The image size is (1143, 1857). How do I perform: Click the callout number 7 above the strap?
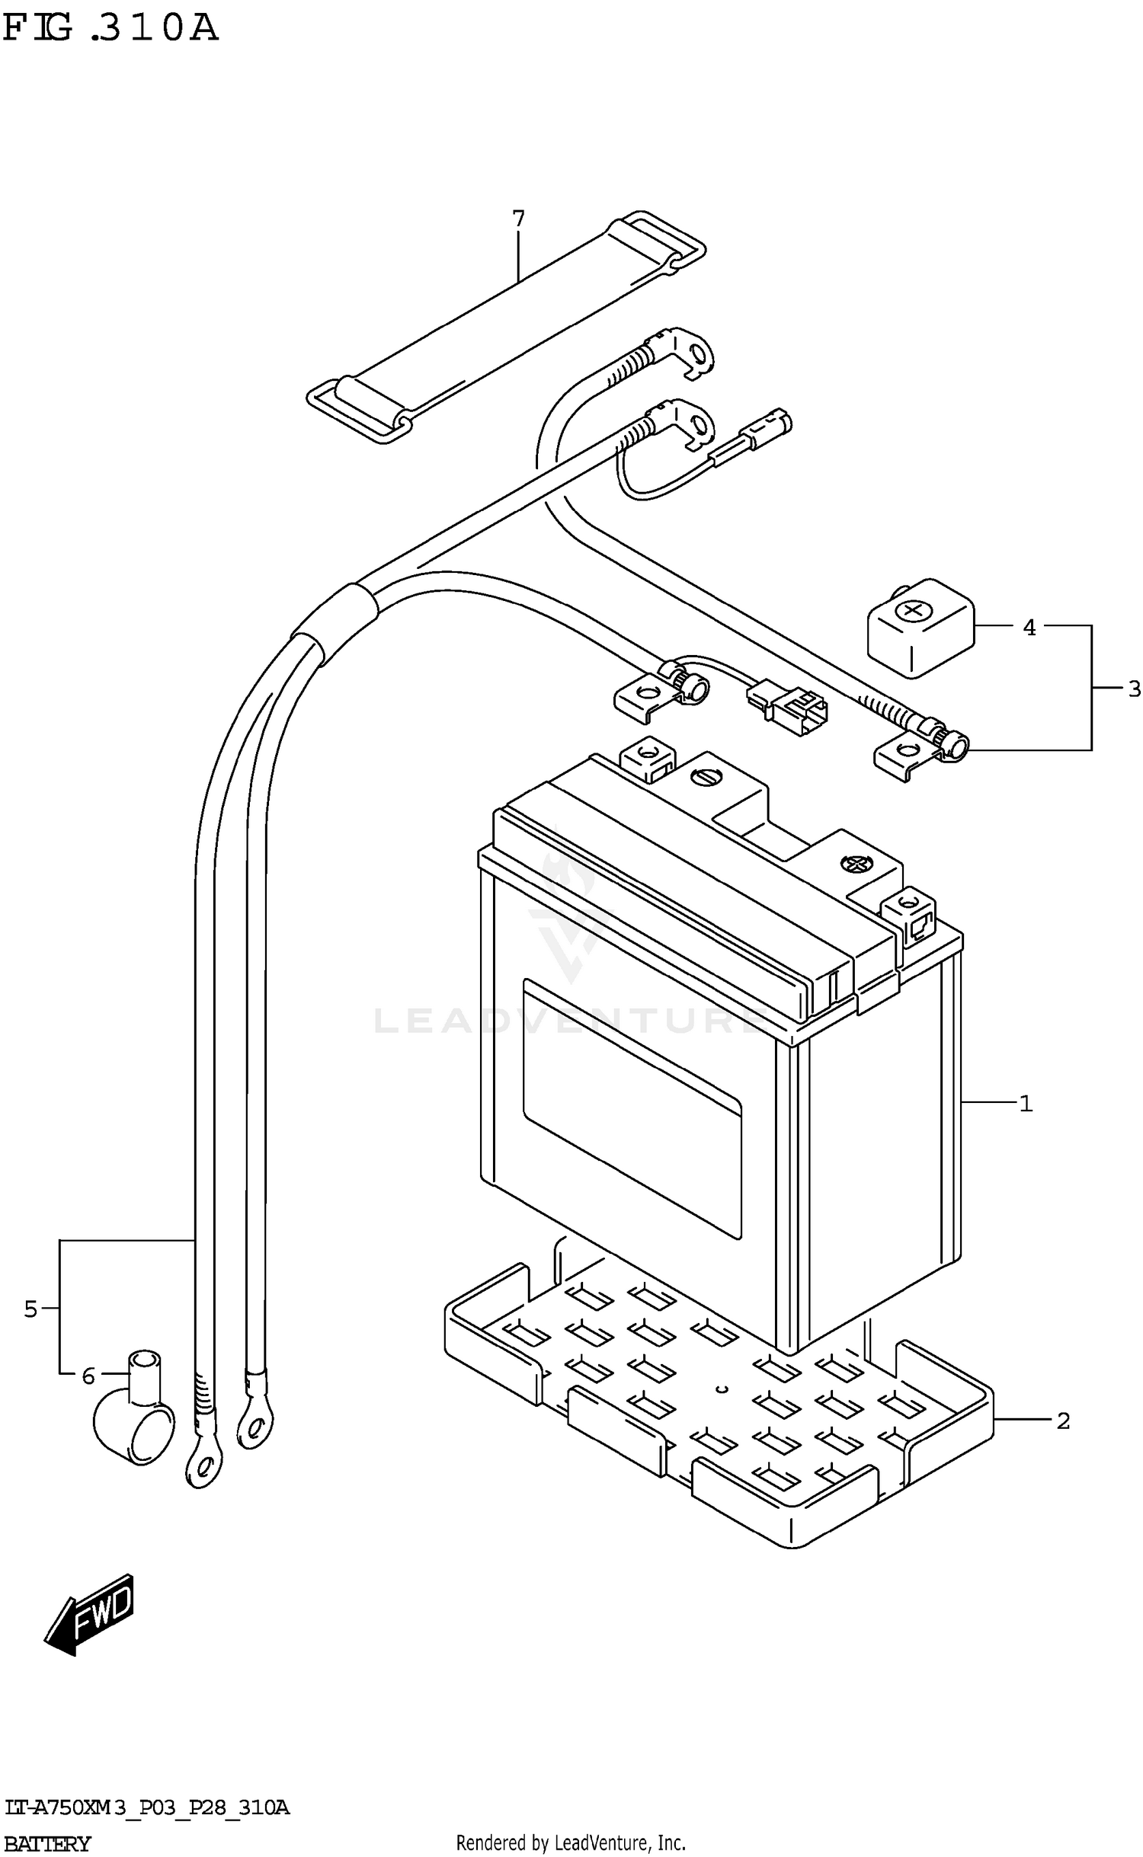coord(518,219)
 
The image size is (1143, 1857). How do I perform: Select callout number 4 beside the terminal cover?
coord(1029,628)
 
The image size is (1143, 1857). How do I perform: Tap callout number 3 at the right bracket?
coord(1134,689)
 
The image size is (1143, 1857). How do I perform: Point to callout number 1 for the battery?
coord(1026,1103)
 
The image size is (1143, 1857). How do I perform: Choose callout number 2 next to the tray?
coord(1063,1421)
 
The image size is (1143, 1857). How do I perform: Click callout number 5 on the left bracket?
coord(30,1309)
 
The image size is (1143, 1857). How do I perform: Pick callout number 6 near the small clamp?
coord(88,1376)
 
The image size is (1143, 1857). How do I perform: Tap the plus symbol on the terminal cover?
coord(911,610)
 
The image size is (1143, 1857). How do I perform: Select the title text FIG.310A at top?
coord(110,29)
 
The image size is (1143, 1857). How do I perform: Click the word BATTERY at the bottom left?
coord(47,1844)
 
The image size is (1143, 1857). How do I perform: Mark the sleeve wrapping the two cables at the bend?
coord(335,623)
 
